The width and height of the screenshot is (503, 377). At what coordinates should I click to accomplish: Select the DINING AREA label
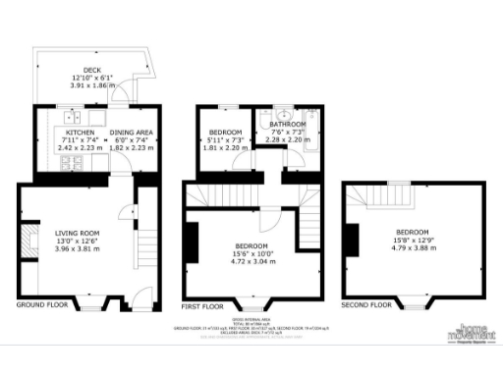tap(129, 132)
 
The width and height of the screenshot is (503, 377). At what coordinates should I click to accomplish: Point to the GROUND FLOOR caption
tap(42, 305)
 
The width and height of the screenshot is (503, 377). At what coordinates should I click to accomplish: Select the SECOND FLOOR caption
tap(368, 305)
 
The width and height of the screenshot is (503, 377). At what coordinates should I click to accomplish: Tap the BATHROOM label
tap(289, 125)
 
